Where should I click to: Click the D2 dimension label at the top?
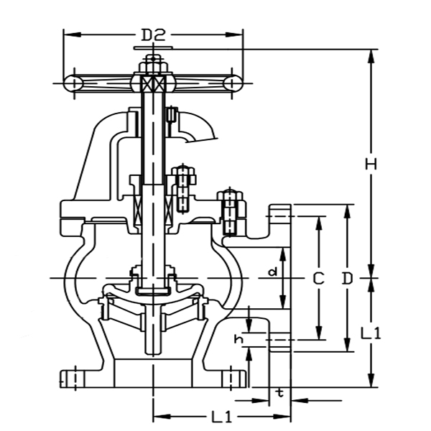(x=153, y=34)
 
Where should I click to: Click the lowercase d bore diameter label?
(x=272, y=272)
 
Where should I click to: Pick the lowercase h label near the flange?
(x=238, y=337)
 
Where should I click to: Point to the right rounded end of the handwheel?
(x=232, y=83)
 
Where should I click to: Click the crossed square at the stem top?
(x=152, y=83)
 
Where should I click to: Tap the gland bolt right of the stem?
(x=183, y=189)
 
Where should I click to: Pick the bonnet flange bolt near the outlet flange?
(x=230, y=210)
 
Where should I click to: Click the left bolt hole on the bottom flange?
(x=71, y=377)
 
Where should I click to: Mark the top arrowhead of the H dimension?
(x=371, y=55)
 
